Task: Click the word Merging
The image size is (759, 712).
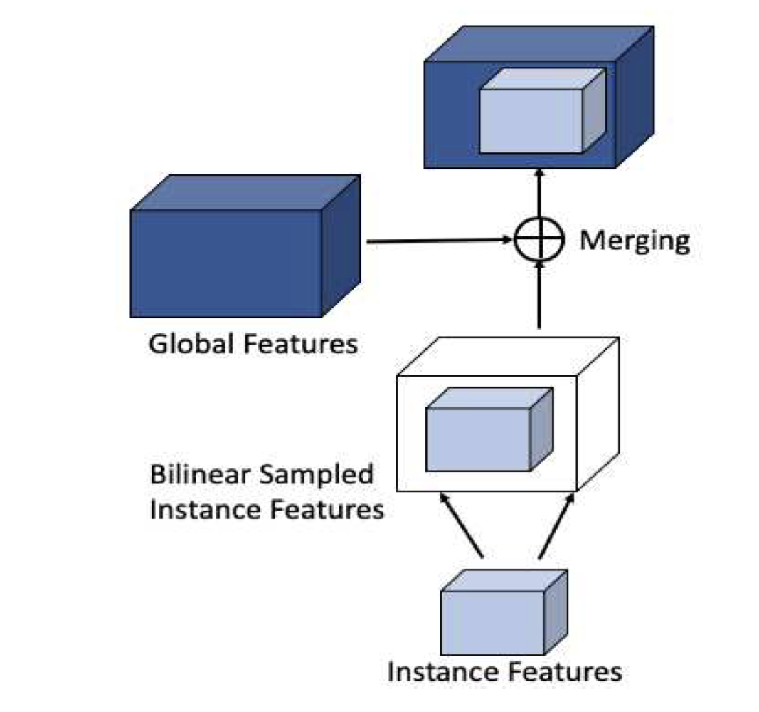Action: [x=635, y=241]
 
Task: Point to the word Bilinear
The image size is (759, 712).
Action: [x=199, y=476]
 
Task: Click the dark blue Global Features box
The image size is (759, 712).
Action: [x=226, y=263]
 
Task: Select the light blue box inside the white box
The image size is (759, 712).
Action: [x=478, y=439]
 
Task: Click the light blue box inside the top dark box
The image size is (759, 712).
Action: [x=531, y=121]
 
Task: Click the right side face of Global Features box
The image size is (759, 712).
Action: [x=341, y=246]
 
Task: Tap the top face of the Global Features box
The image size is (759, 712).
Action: [x=245, y=192]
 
